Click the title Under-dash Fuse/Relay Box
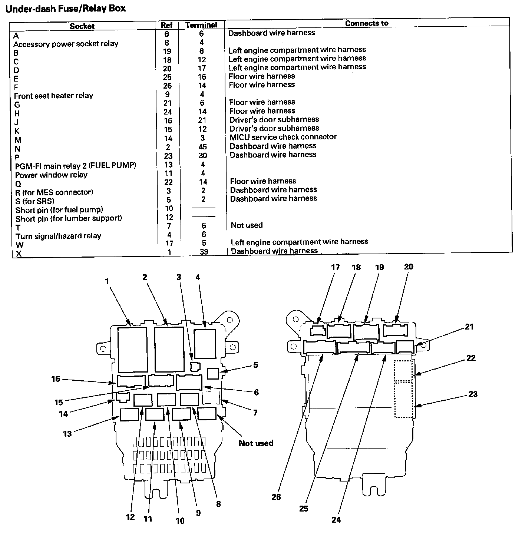[x=66, y=8]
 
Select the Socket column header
[x=82, y=26]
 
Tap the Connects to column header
[x=367, y=23]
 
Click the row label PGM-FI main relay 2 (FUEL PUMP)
[x=76, y=165]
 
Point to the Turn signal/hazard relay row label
[x=58, y=236]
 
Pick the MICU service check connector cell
[x=283, y=137]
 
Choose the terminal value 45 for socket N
[x=202, y=147]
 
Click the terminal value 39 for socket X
[x=204, y=252]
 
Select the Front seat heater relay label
[x=53, y=96]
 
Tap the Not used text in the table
[x=247, y=225]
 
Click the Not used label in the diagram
[x=256, y=443]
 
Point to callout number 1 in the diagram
[x=107, y=281]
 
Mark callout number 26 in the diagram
[x=276, y=497]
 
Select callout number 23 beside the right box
[x=473, y=394]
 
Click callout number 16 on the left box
[x=56, y=379]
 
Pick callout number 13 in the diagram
[x=67, y=433]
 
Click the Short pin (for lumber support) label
[x=69, y=218]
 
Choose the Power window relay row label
[x=51, y=175]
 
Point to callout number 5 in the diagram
[x=255, y=365]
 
